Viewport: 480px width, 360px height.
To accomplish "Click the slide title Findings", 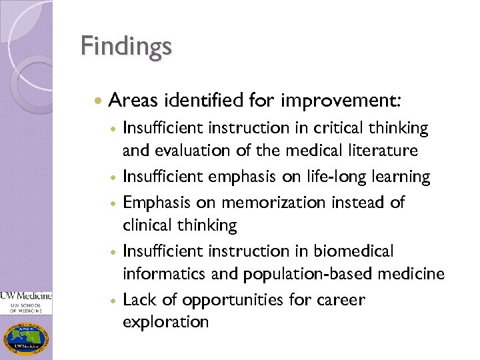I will (126, 47).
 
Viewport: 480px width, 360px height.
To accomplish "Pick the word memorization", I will (270, 201).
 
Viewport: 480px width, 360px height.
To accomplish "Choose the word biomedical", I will (353, 251).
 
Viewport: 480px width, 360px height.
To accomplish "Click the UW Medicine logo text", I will (26, 295).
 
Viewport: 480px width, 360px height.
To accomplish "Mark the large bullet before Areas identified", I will (99, 102).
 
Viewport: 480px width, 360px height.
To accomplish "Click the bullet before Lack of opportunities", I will (114, 301).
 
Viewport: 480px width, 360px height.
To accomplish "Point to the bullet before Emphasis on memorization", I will (114, 202).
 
